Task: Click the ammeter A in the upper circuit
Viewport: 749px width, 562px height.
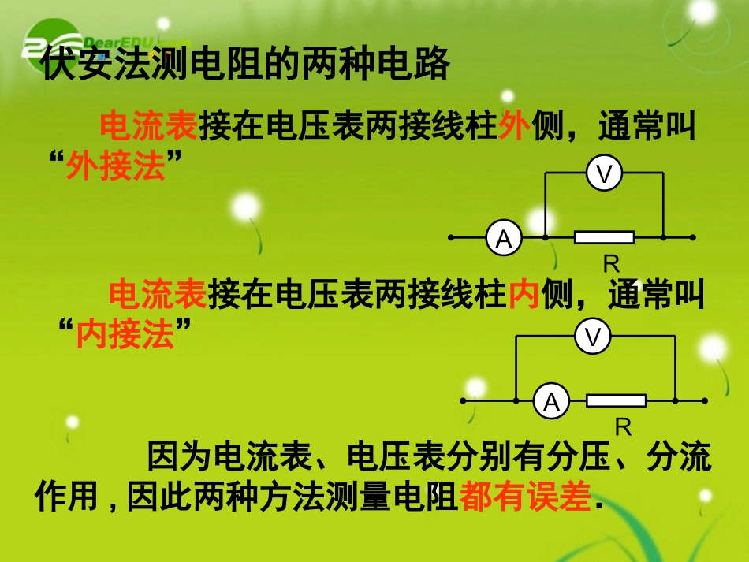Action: click(504, 237)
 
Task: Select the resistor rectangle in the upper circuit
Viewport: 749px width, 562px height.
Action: click(605, 236)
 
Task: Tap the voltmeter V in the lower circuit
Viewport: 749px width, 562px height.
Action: click(593, 337)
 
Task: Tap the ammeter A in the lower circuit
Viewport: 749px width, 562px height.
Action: click(551, 402)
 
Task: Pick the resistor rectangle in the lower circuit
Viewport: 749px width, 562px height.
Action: click(616, 401)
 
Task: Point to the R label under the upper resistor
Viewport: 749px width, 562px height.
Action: click(611, 264)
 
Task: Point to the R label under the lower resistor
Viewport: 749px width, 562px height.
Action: click(624, 428)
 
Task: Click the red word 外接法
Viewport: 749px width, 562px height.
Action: click(115, 166)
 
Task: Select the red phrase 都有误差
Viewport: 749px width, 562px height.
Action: click(525, 497)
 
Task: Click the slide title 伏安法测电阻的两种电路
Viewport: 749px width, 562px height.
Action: click(245, 65)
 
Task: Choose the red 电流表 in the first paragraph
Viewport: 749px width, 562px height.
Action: click(149, 125)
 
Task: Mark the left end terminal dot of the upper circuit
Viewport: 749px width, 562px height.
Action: click(451, 236)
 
